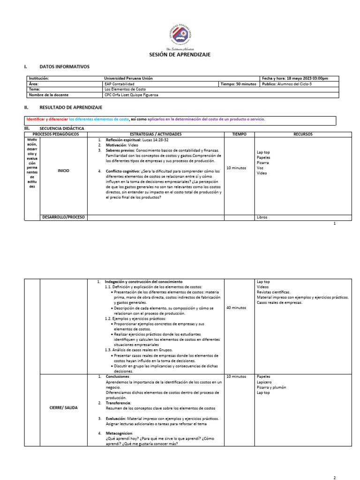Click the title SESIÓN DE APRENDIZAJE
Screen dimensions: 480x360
(x=180, y=55)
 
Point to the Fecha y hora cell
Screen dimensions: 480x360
(x=295, y=78)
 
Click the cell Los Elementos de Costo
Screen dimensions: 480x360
(x=125, y=89)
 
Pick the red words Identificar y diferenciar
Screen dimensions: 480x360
(x=47, y=119)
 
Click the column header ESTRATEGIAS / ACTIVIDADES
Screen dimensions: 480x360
(x=155, y=135)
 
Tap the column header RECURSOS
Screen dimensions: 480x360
(x=303, y=135)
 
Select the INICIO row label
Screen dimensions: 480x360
(x=63, y=171)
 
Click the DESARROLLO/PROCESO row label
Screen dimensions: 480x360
(x=63, y=217)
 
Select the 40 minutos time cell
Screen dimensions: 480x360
(x=236, y=308)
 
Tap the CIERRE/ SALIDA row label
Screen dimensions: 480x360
(x=63, y=408)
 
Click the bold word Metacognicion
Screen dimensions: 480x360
(x=119, y=433)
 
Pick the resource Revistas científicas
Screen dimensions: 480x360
(x=273, y=292)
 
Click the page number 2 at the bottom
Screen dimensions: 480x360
(x=335, y=478)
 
